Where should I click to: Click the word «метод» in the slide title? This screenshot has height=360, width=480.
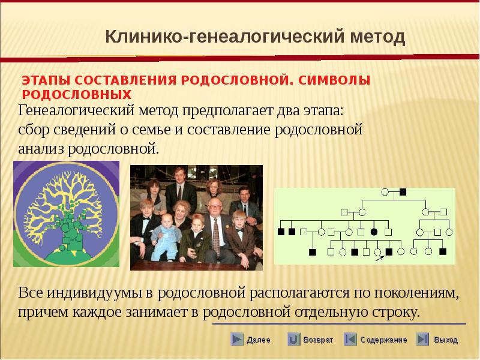click(377, 37)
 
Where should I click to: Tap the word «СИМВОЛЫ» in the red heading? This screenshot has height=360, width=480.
click(334, 80)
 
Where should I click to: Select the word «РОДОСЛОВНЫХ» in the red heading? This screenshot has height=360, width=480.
click(77, 95)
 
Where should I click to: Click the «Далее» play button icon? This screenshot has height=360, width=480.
click(236, 339)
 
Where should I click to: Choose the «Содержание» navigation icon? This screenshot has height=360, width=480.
click(350, 339)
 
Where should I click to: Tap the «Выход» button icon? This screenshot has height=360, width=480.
click(422, 339)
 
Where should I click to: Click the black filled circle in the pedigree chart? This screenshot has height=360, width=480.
click(374, 232)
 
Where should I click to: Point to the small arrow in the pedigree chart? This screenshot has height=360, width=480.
click(380, 259)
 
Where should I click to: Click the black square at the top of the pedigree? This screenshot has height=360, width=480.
click(403, 192)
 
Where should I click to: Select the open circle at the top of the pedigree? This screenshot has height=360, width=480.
click(385, 192)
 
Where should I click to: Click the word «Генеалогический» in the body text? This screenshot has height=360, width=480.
click(76, 111)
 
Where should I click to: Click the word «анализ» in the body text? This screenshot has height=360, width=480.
click(41, 149)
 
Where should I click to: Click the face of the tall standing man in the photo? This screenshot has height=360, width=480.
click(179, 175)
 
